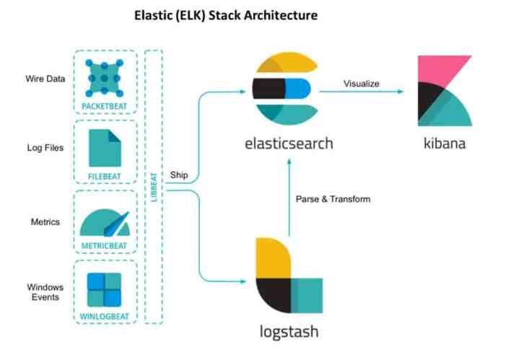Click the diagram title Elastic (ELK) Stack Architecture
225,15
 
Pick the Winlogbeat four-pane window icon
105,289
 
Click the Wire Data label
46,79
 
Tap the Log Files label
45,148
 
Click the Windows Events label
45,292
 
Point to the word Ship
179,175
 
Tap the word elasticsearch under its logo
289,143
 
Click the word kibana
445,143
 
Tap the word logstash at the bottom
289,332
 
